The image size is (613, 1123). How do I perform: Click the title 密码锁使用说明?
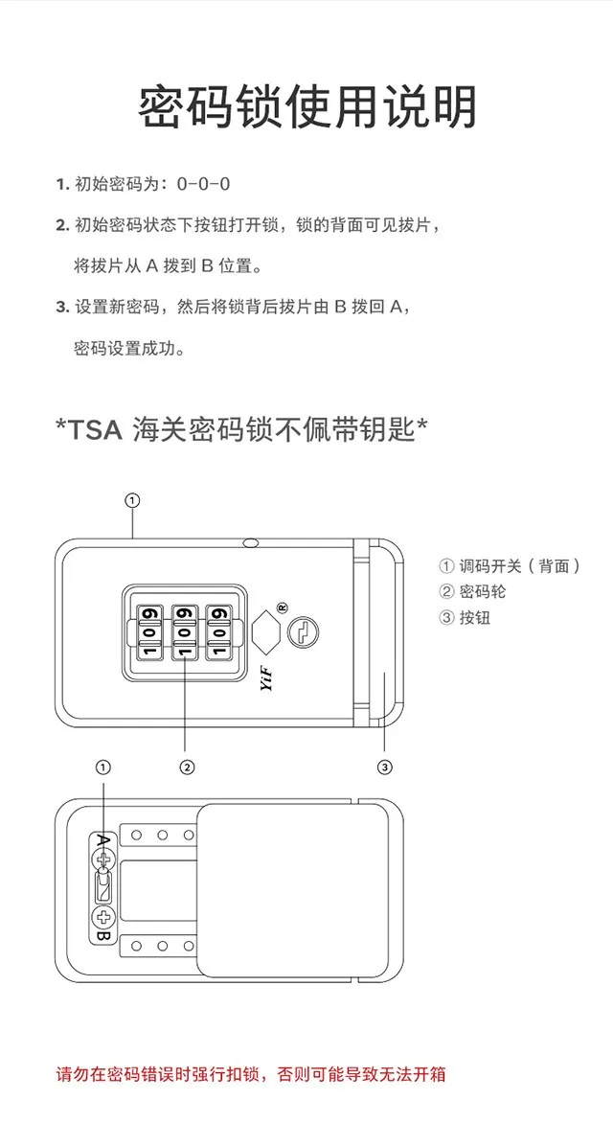306,106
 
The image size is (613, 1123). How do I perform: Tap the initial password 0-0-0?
204,184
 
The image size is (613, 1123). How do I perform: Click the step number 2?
61,225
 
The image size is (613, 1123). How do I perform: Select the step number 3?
61,307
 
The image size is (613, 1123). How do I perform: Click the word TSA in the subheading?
95,429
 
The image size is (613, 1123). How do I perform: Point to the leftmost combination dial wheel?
148,631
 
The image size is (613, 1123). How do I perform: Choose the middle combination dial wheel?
185,631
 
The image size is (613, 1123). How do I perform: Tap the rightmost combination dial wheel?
220,631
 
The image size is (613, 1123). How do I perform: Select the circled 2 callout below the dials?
188,767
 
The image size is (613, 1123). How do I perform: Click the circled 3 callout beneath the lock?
384,767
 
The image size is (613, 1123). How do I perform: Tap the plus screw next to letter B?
103,916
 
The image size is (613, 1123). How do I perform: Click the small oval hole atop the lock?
252,543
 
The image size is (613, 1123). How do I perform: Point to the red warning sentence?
251,1074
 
